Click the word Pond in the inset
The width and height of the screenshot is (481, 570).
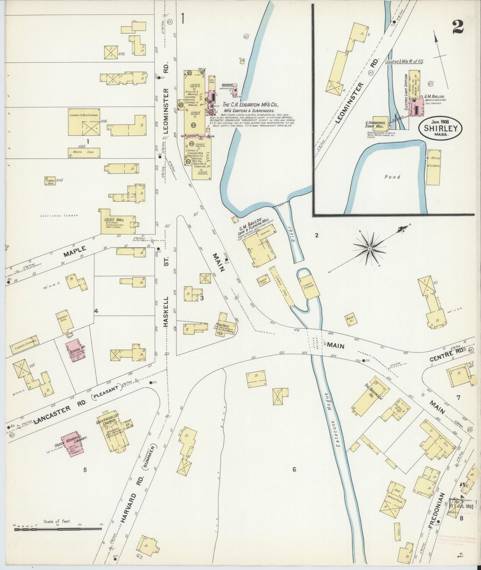click(x=392, y=177)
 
